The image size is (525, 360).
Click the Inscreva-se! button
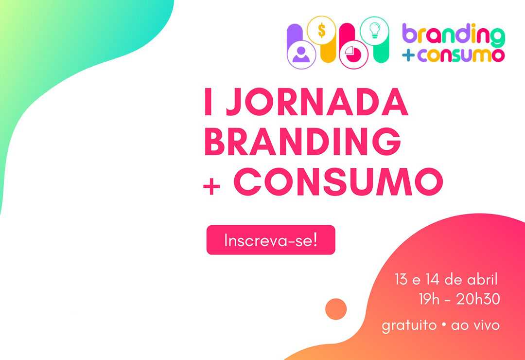pyautogui.click(x=271, y=240)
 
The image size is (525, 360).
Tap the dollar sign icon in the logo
pyautogui.click(x=321, y=30)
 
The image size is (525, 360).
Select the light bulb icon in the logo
pyautogui.click(x=374, y=30)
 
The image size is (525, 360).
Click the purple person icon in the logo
pyautogui.click(x=301, y=54)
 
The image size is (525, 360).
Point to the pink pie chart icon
pyautogui.click(x=353, y=54)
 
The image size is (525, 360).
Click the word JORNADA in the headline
pyautogui.click(x=317, y=102)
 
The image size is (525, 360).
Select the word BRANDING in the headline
pyautogui.click(x=302, y=141)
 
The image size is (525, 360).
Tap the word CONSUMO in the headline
pyautogui.click(x=338, y=181)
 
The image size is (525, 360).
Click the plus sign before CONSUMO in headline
pyautogui.click(x=211, y=186)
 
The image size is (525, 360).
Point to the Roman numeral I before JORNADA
pyautogui.click(x=208, y=102)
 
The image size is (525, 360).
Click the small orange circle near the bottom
pyautogui.click(x=336, y=309)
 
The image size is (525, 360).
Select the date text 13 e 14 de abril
pyautogui.click(x=446, y=279)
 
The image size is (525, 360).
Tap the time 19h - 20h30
pyautogui.click(x=459, y=299)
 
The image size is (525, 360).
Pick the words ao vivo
pyautogui.click(x=475, y=325)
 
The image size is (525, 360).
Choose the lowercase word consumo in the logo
pyautogui.click(x=461, y=55)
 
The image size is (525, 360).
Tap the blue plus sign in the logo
pyautogui.click(x=408, y=55)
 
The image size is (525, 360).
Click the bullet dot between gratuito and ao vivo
pyautogui.click(x=444, y=325)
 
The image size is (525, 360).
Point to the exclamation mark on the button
pyautogui.click(x=315, y=239)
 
